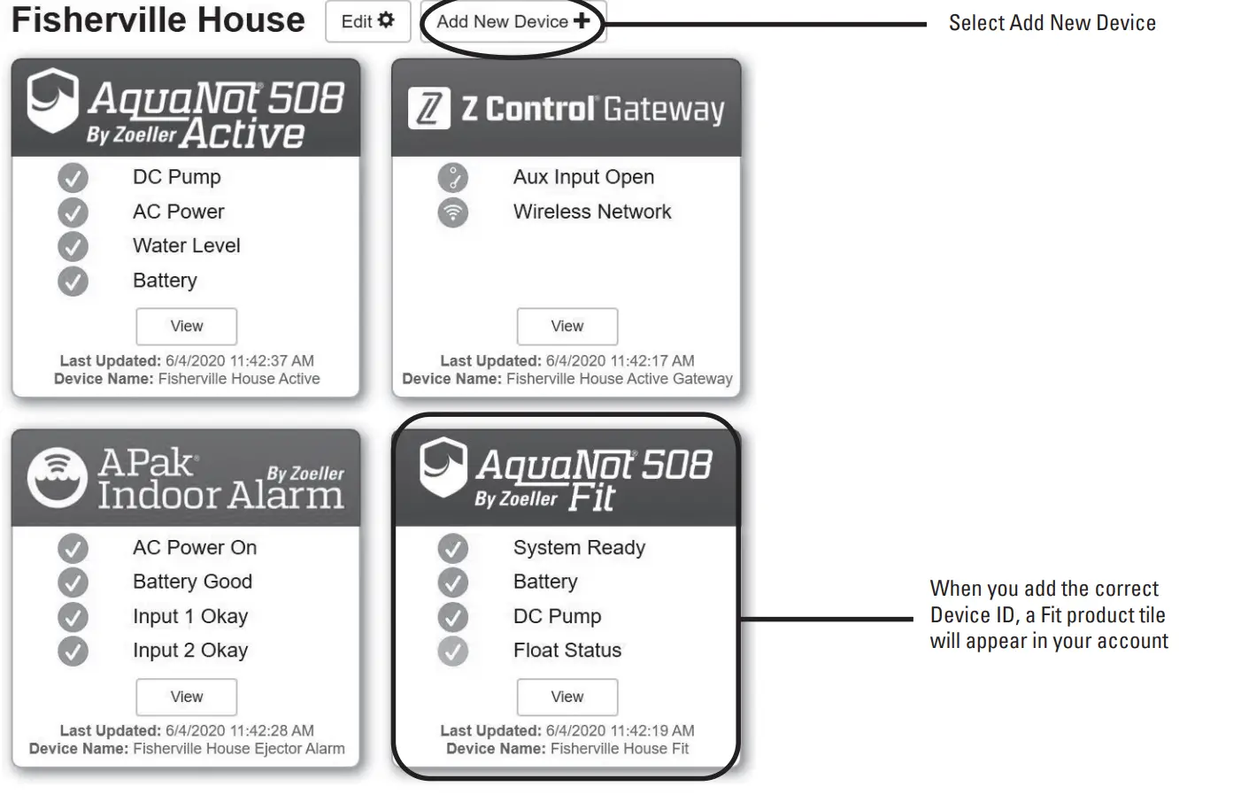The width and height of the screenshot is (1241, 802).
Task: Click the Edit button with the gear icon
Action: click(367, 21)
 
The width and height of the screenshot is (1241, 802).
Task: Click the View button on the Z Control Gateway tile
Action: click(567, 327)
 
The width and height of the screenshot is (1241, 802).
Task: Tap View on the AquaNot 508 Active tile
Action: click(187, 327)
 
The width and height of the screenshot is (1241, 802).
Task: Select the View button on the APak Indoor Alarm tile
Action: click(187, 697)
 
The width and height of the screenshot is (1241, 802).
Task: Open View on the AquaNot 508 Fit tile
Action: click(567, 697)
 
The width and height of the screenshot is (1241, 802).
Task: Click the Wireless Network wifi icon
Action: click(452, 212)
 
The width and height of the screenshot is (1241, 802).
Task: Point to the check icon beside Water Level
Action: click(73, 246)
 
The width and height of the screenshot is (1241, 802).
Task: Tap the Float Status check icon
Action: click(452, 652)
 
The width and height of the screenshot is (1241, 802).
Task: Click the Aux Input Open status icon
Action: click(452, 178)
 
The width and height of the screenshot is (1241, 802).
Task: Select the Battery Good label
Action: click(192, 582)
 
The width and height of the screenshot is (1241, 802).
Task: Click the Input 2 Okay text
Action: click(189, 651)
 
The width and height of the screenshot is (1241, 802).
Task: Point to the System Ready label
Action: click(579, 548)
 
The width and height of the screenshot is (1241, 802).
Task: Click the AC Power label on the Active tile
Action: click(178, 212)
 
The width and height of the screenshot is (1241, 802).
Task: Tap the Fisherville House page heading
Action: click(158, 20)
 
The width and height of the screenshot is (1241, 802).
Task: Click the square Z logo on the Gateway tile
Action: click(429, 110)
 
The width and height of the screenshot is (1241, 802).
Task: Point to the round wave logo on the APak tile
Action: click(58, 478)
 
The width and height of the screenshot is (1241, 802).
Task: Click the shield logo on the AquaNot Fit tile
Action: click(443, 467)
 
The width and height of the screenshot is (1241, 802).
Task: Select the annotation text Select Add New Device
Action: click(1052, 23)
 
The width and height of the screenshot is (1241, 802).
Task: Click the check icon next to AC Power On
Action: click(73, 549)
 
